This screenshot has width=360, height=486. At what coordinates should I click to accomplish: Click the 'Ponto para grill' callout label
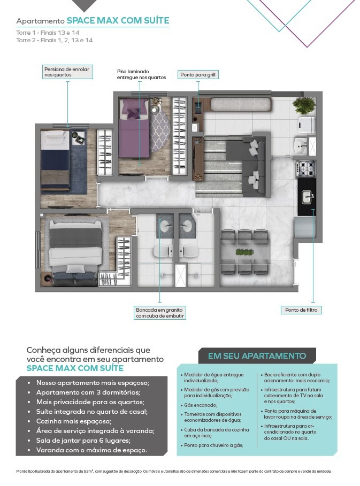pos(197,75)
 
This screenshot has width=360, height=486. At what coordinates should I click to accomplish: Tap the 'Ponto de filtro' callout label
pos(301,310)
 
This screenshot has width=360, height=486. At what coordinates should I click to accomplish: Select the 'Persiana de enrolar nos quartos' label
pos(67,72)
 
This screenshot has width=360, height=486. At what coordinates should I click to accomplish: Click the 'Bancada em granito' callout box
pos(160,313)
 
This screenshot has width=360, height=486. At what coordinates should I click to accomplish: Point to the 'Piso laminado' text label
pos(141,74)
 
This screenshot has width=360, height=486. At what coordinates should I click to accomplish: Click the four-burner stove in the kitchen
pos(306,169)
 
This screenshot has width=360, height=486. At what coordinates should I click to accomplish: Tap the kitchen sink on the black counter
pos(307,197)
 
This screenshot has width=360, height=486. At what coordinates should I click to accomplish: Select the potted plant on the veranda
pos(304,105)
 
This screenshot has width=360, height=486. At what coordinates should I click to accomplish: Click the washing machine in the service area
pos(307,125)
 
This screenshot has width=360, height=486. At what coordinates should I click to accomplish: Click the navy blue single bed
pos(56,160)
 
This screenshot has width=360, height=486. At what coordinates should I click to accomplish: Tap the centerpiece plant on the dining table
pos(244,252)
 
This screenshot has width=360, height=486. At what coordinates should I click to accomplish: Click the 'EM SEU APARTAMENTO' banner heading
pos(257,356)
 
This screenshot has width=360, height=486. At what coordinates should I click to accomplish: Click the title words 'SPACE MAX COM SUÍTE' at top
pos(118,21)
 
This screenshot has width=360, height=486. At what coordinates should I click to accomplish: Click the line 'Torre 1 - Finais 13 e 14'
pos(48,33)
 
